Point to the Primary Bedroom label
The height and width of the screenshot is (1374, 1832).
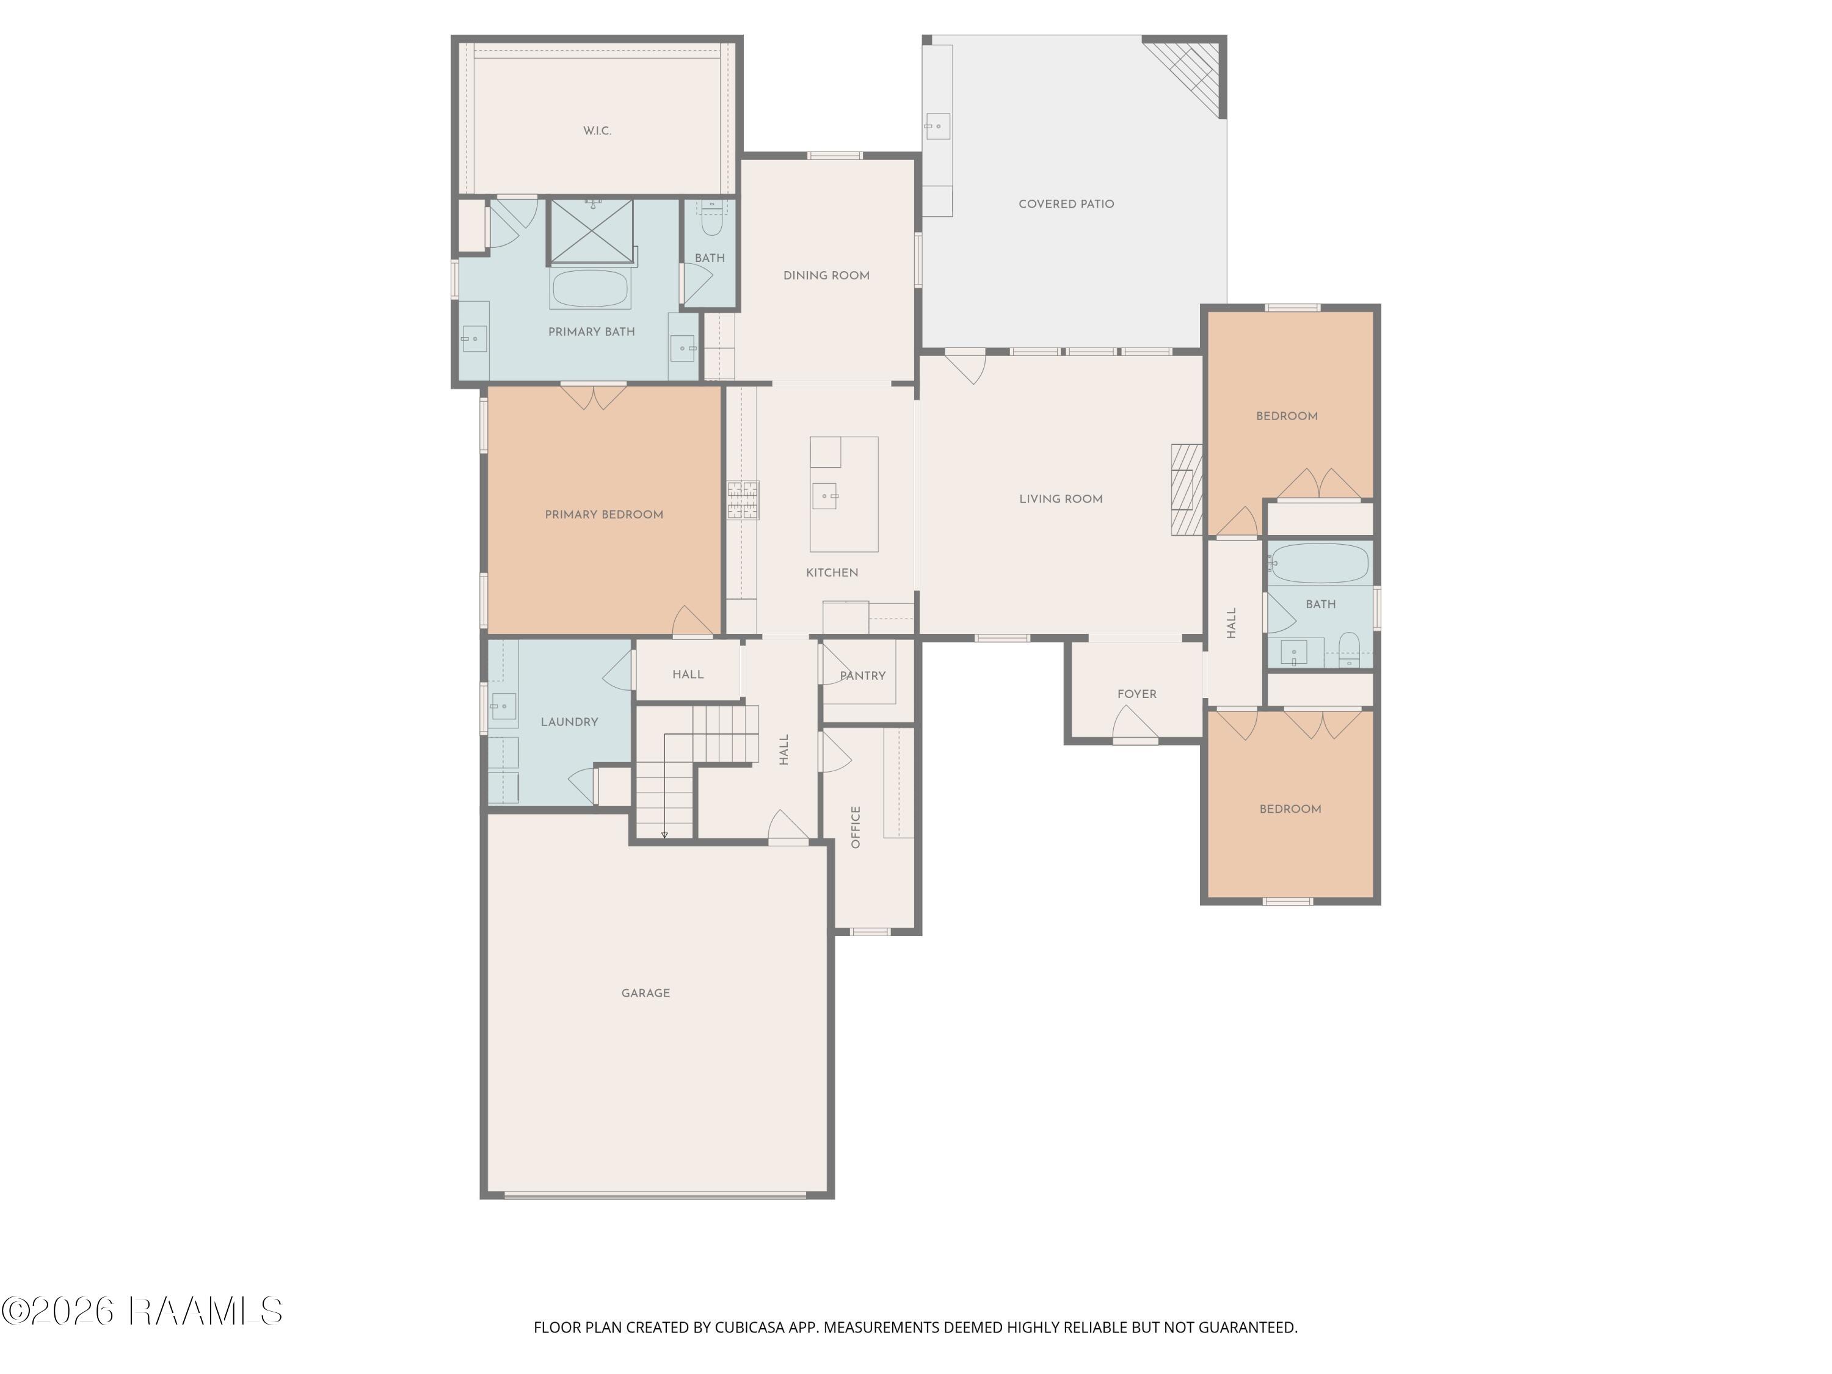(x=604, y=514)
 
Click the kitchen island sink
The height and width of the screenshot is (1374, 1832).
(x=825, y=495)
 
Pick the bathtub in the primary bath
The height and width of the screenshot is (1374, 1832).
(x=591, y=288)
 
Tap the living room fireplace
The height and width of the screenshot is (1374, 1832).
(x=1186, y=490)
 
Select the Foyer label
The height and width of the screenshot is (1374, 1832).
(x=1136, y=694)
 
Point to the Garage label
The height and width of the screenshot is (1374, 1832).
(x=645, y=993)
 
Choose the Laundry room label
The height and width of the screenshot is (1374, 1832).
(x=569, y=722)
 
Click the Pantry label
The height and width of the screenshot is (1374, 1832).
(x=862, y=676)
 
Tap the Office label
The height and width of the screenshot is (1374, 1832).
(x=856, y=827)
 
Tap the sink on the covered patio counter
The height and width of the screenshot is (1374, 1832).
(x=937, y=127)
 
